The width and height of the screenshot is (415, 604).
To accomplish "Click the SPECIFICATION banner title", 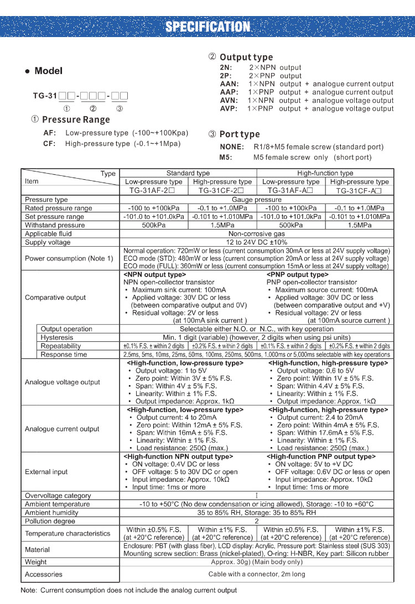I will click(x=207, y=27).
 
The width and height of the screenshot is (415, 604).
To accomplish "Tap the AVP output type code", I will click(x=229, y=108).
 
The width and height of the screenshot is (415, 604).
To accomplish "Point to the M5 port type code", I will click(x=225, y=157).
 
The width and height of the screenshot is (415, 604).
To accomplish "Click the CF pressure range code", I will click(x=49, y=144).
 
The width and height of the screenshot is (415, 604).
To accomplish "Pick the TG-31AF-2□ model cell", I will click(x=154, y=190).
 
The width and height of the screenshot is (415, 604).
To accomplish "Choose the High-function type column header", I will click(x=325, y=173).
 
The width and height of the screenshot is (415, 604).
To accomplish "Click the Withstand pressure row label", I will click(x=55, y=225).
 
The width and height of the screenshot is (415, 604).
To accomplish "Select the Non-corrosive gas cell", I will click(x=257, y=233).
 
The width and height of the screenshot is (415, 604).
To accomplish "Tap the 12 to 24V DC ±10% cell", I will click(x=257, y=242).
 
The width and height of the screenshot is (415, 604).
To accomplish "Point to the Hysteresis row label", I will click(x=57, y=337).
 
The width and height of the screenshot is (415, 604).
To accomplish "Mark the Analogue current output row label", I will click(x=62, y=429).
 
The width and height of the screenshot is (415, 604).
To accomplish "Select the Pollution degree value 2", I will click(x=257, y=521).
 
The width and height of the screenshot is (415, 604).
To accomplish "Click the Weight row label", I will click(x=36, y=562).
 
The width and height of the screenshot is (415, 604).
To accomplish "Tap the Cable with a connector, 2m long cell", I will click(x=257, y=574).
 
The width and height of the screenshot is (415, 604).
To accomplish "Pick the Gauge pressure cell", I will click(x=257, y=199).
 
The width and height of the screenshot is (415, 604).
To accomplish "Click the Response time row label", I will click(x=64, y=355).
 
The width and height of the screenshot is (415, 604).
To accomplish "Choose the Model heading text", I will click(x=49, y=71).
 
